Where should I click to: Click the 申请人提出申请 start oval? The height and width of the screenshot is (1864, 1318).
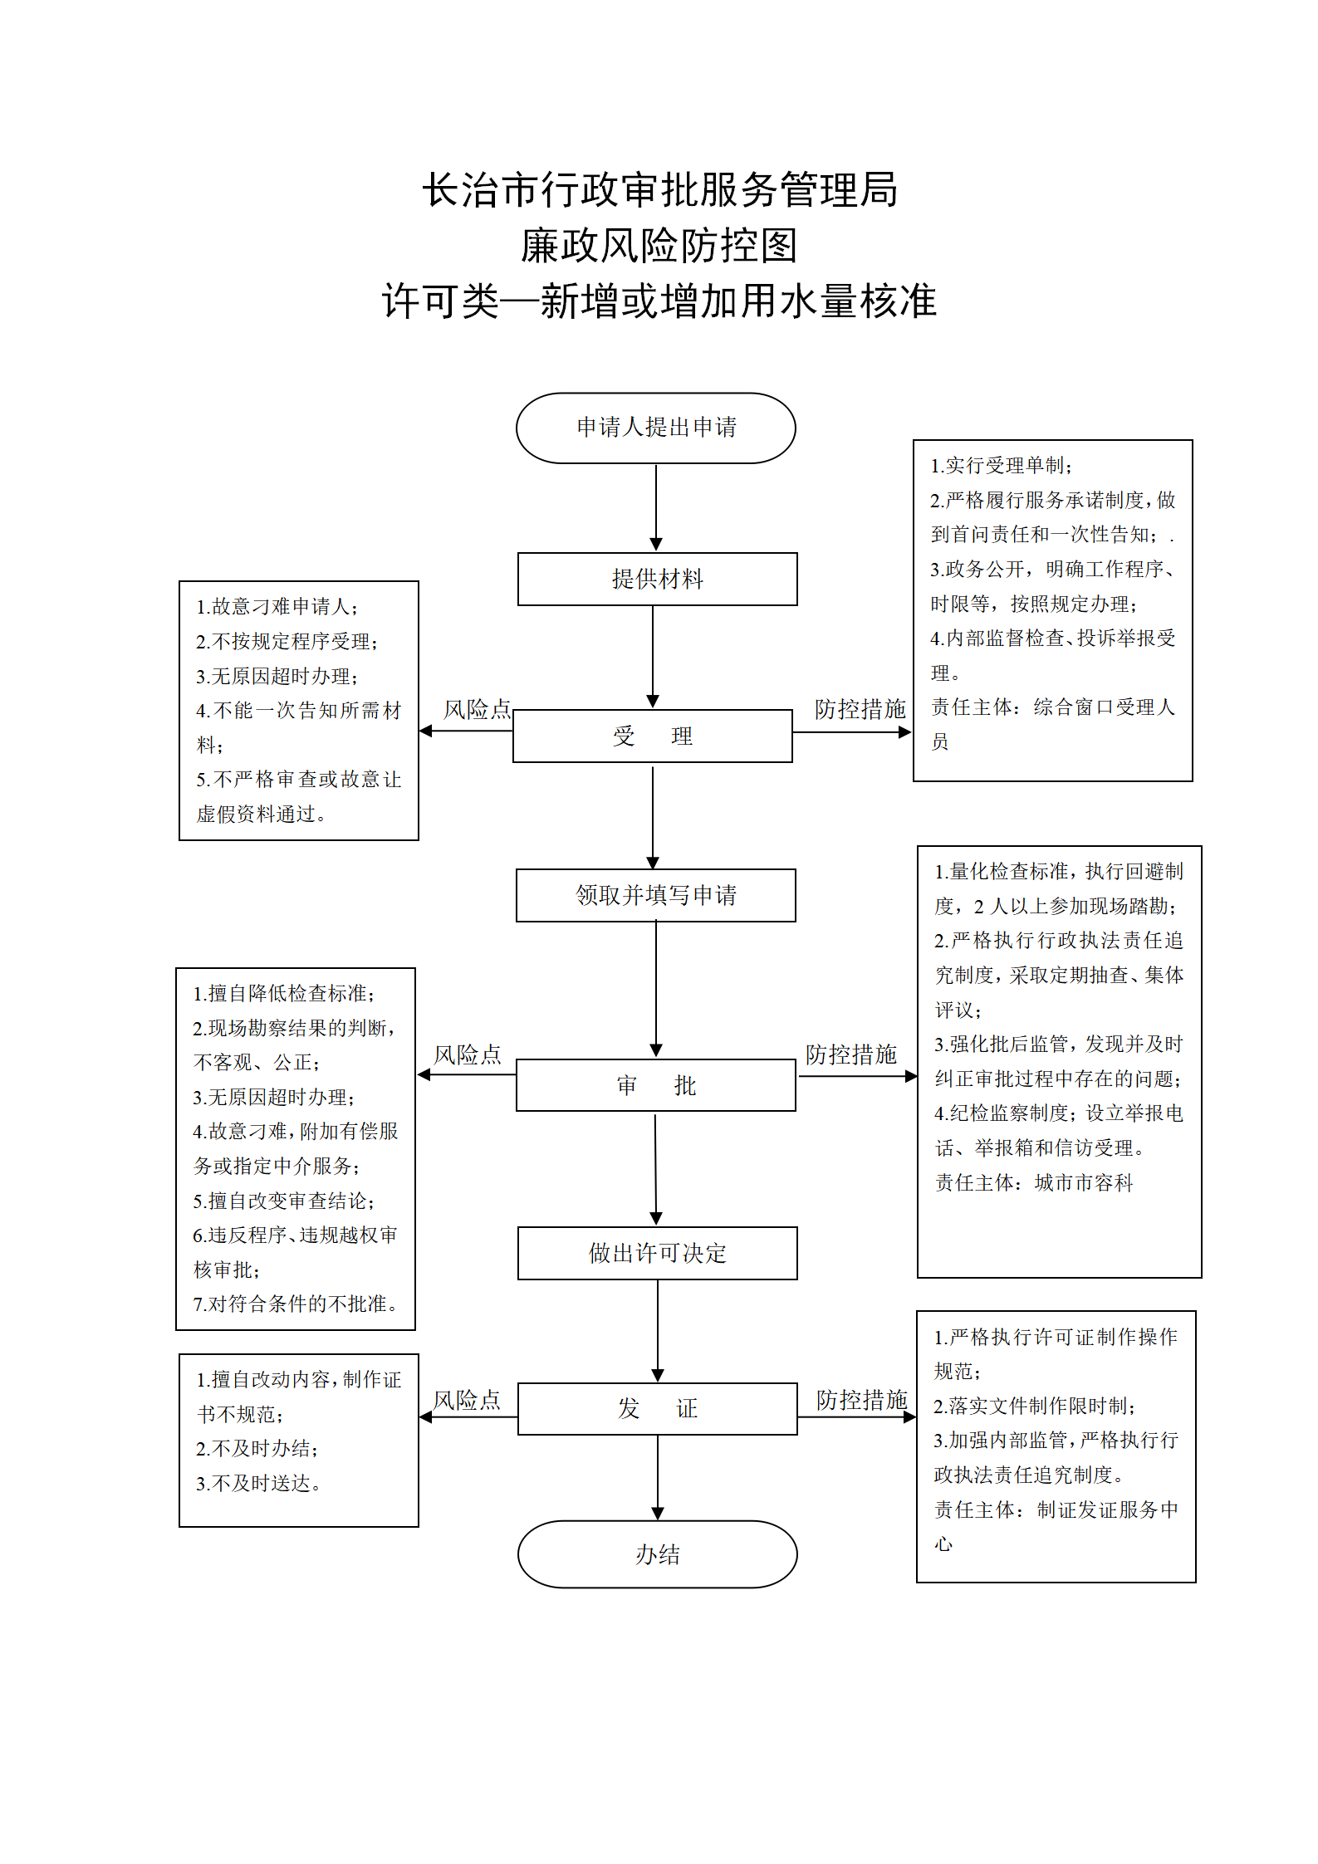[655, 428]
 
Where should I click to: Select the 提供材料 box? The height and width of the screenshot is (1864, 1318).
[657, 579]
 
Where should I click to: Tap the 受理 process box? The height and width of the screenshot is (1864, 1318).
[653, 736]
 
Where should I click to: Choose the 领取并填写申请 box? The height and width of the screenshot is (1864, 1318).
[656, 895]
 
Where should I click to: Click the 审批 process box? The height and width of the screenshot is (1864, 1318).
[656, 1084]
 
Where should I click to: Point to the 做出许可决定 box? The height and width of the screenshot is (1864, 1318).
[657, 1253]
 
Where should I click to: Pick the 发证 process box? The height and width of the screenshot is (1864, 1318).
[657, 1408]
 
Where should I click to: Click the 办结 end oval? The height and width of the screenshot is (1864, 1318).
[657, 1554]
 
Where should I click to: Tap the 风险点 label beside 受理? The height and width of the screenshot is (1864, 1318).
[477, 709]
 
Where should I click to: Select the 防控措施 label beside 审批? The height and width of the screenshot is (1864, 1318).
[851, 1054]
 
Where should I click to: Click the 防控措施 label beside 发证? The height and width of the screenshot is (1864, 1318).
[862, 1400]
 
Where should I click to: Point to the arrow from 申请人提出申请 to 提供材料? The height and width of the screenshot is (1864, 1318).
[656, 506]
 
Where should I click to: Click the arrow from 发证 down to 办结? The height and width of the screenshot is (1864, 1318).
[658, 1477]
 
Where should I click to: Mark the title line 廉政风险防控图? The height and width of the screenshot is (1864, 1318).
[659, 246]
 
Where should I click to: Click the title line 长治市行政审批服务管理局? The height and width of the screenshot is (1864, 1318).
[660, 190]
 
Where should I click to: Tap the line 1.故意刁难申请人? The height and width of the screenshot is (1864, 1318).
[277, 607]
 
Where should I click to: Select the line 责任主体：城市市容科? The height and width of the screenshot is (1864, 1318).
[1034, 1182]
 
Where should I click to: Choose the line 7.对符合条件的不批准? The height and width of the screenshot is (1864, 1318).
[295, 1304]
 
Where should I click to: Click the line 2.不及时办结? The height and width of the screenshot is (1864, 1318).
[257, 1448]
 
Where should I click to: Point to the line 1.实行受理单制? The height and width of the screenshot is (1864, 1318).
[1002, 466]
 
